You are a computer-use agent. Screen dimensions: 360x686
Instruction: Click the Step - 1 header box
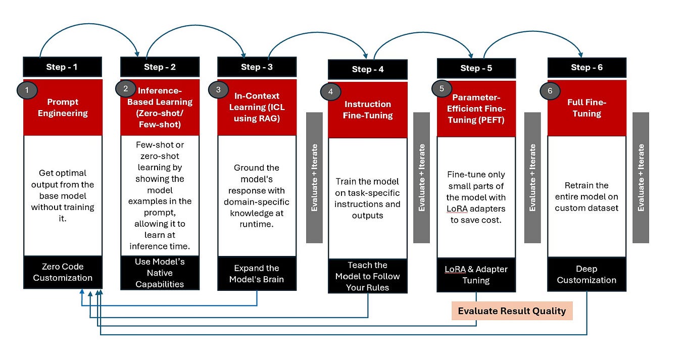tap(63, 67)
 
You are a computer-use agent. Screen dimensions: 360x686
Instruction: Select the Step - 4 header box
tap(367, 69)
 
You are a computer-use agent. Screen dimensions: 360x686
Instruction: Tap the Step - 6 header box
tap(586, 67)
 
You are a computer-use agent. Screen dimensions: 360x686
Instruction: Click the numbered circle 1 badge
tap(27, 90)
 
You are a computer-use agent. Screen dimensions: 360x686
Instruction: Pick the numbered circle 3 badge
tap(218, 90)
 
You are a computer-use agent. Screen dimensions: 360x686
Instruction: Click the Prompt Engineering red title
tap(63, 107)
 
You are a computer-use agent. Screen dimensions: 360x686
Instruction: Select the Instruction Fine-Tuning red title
tap(367, 110)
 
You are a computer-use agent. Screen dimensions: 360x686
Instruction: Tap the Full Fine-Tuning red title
tap(586, 108)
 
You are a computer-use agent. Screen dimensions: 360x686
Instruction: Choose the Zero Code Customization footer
tap(63, 272)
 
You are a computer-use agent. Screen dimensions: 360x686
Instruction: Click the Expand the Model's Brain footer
tap(257, 273)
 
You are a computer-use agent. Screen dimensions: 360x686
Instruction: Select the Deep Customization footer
tap(586, 275)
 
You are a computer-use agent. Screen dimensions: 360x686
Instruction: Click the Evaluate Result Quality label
tap(512, 311)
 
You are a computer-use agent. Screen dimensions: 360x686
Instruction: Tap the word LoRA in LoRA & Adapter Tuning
tap(455, 270)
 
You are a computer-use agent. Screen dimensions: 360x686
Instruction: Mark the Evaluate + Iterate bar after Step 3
tap(314, 177)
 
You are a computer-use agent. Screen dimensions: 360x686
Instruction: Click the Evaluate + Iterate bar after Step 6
tap(641, 177)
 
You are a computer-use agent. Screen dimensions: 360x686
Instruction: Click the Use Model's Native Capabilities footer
tap(160, 273)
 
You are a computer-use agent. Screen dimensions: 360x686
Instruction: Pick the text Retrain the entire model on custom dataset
tap(586, 196)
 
